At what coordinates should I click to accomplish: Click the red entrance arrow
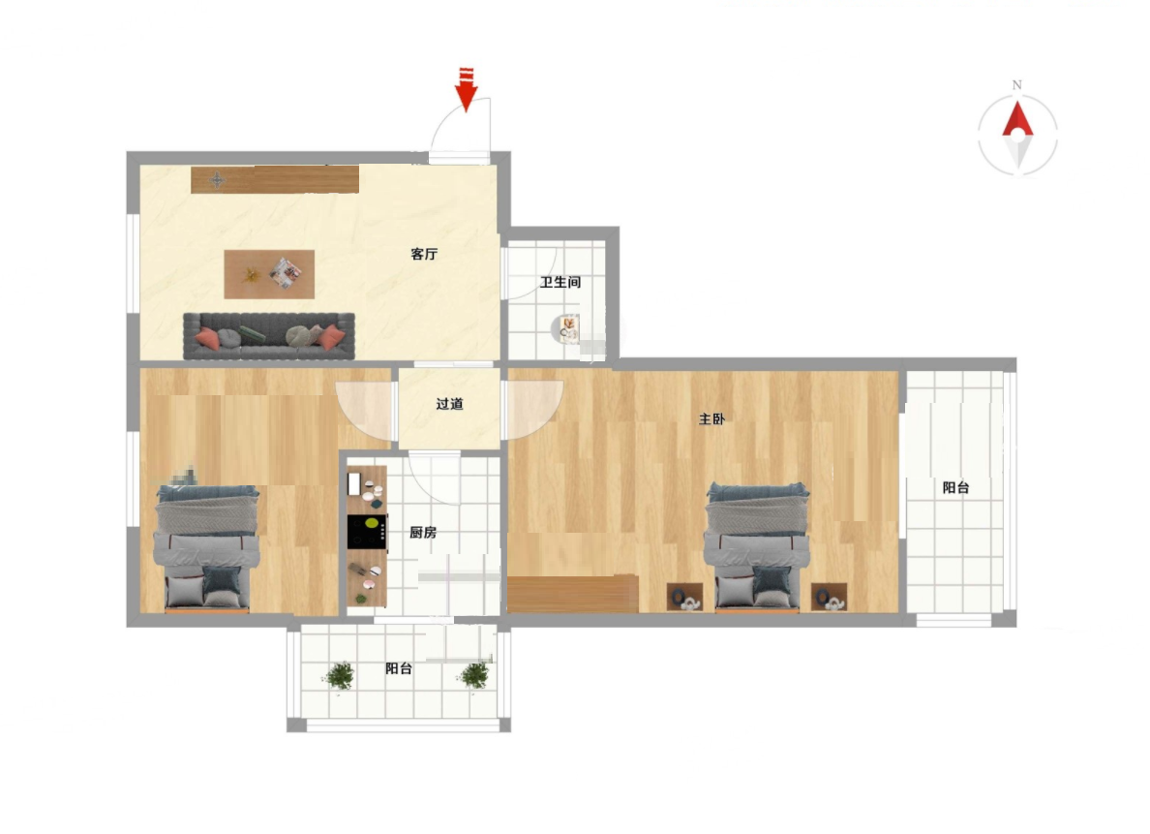(466, 89)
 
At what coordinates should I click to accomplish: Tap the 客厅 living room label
(424, 254)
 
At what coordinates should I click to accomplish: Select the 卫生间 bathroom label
(560, 282)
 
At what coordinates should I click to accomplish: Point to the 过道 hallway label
(449, 404)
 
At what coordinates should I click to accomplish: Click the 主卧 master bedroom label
(711, 419)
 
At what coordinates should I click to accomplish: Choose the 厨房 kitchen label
(423, 532)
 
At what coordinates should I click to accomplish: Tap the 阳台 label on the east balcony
(955, 487)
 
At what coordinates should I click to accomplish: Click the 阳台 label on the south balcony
(398, 668)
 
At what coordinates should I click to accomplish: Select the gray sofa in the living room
(268, 335)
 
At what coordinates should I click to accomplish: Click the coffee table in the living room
(269, 274)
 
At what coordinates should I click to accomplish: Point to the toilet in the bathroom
(565, 329)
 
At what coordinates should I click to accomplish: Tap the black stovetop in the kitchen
(367, 532)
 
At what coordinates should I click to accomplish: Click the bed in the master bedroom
(756, 547)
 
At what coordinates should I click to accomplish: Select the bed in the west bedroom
(206, 548)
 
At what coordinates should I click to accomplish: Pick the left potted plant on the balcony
(340, 675)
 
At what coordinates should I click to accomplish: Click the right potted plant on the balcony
(474, 675)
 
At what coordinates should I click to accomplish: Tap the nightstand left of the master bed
(685, 597)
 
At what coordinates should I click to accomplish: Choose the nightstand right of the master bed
(829, 597)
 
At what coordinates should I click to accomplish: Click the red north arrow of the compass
(1018, 120)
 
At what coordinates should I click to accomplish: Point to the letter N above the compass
(1016, 85)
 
